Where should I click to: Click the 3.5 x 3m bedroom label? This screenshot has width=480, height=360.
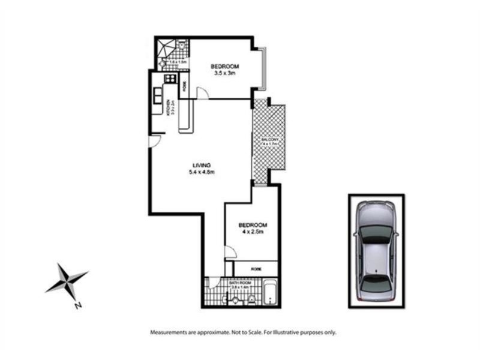click(225, 69)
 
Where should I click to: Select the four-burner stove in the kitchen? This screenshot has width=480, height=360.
click(170, 78)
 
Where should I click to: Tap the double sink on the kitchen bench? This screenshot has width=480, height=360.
click(158, 95)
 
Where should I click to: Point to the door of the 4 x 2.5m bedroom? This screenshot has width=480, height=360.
click(230, 253)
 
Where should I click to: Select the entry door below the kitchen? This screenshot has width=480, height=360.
click(154, 141)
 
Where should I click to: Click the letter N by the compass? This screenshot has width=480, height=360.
click(77, 305)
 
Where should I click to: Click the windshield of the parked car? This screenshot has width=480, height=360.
click(376, 233)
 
